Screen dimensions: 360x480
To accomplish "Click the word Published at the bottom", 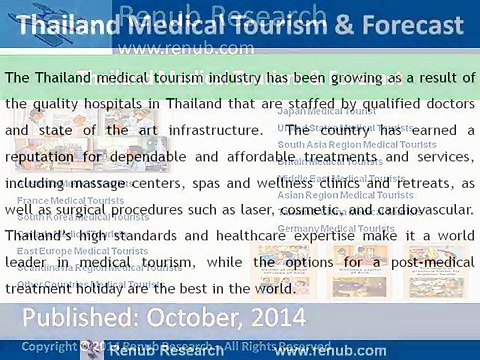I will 81,320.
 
